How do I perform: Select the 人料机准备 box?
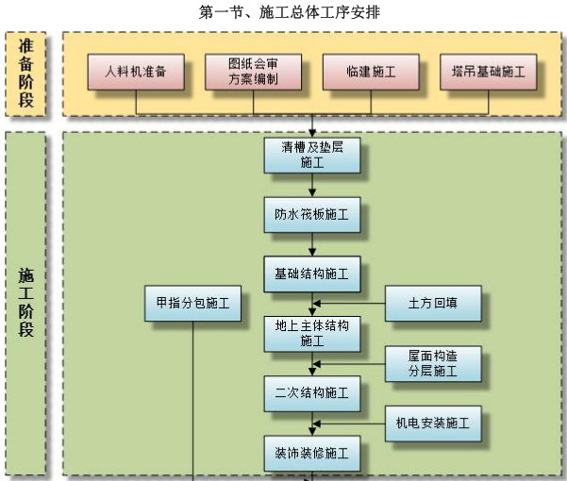click(136, 72)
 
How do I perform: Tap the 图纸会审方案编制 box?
click(253, 72)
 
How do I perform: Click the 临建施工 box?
click(370, 72)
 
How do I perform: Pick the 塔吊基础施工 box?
click(487, 72)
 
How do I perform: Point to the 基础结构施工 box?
click(312, 274)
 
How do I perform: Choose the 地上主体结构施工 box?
click(312, 333)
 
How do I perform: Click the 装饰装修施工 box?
click(312, 454)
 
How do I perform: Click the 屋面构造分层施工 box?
click(433, 364)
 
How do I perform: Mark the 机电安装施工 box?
click(433, 423)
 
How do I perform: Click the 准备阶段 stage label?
click(25, 74)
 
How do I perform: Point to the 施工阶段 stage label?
click(25, 302)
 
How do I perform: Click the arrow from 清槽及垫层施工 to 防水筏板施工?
click(312, 186)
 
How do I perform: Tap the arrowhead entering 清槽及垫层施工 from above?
click(312, 131)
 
